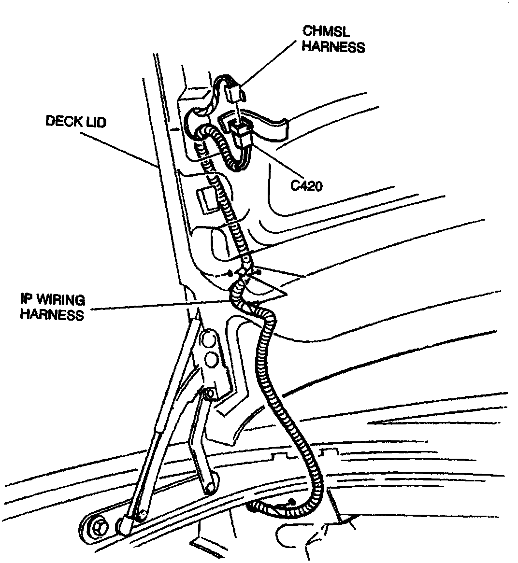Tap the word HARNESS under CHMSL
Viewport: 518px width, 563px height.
click(334, 47)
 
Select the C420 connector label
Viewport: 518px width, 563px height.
click(306, 185)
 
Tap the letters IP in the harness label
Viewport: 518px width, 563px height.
click(28, 300)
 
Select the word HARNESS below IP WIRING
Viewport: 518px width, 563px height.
click(52, 315)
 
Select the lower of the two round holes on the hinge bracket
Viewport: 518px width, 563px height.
click(211, 360)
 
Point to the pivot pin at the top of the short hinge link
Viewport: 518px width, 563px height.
click(209, 395)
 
